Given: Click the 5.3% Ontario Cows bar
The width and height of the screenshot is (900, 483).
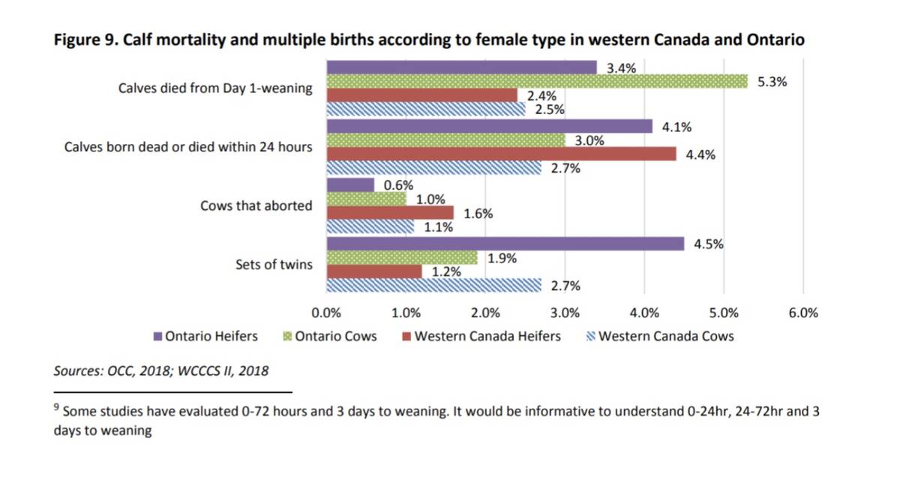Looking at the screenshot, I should click(x=537, y=81).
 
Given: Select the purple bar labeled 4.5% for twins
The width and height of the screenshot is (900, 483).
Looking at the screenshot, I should click(x=505, y=244).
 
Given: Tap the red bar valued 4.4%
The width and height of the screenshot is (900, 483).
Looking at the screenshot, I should click(x=501, y=154).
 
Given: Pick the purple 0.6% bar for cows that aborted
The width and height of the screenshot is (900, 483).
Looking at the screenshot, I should click(x=349, y=184).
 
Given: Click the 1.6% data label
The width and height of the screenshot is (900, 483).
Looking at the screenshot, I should click(x=478, y=214).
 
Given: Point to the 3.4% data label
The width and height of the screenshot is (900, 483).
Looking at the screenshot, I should click(x=621, y=68).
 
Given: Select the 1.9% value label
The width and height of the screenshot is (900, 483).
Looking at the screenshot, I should click(x=502, y=258).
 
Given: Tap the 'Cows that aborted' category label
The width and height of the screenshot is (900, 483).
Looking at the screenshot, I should click(x=256, y=205).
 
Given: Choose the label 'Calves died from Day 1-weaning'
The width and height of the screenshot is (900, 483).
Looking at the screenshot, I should click(x=215, y=88).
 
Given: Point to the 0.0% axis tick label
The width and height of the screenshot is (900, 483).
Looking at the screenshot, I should click(x=325, y=313).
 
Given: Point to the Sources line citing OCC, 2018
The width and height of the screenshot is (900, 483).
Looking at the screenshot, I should click(x=161, y=370).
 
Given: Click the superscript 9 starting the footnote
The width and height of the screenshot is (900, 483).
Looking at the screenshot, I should click(x=56, y=409).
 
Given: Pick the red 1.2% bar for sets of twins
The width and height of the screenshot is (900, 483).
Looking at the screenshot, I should click(x=373, y=271).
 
